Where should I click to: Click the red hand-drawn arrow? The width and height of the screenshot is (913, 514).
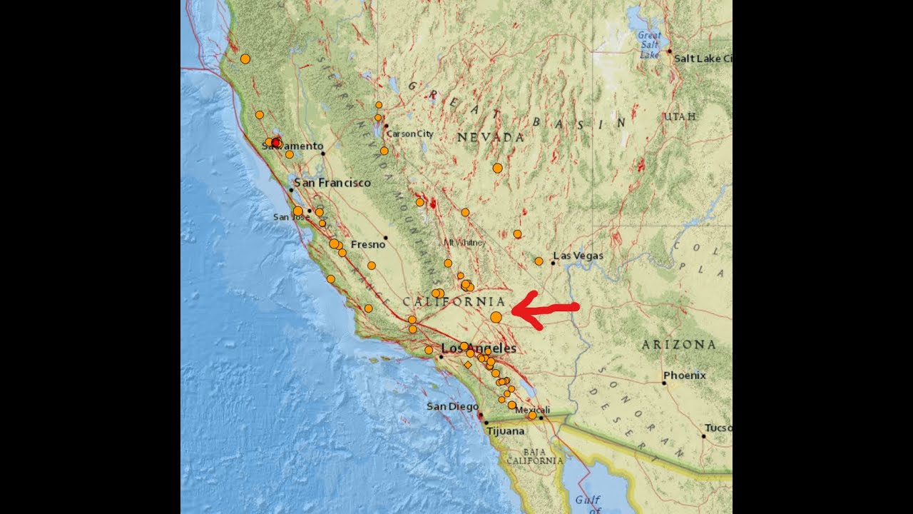546,310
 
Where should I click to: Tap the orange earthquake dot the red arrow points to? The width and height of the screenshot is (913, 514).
496,316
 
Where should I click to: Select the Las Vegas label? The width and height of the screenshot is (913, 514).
578,256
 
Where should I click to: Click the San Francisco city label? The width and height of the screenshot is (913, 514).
332,183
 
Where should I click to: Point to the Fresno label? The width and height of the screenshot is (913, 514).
368,244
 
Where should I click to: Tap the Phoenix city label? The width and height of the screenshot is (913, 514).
685,376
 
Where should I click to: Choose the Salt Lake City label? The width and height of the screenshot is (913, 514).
703,59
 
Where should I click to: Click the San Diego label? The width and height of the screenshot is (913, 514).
452,406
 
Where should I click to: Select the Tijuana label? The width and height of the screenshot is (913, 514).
505,431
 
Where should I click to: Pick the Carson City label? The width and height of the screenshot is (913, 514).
409,133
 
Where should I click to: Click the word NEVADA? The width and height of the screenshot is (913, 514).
491,137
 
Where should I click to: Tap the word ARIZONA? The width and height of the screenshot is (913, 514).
678,345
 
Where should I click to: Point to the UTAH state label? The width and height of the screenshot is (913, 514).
680,116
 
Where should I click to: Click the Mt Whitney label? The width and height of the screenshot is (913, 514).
464,243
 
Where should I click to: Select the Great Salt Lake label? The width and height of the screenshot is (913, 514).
649,44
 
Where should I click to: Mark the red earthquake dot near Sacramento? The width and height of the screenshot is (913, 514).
276,143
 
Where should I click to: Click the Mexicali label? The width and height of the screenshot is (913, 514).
532,410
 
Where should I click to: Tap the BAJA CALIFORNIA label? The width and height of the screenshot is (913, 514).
535,456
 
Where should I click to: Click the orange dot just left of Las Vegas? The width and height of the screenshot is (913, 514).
539,261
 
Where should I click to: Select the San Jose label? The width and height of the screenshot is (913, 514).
290,217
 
